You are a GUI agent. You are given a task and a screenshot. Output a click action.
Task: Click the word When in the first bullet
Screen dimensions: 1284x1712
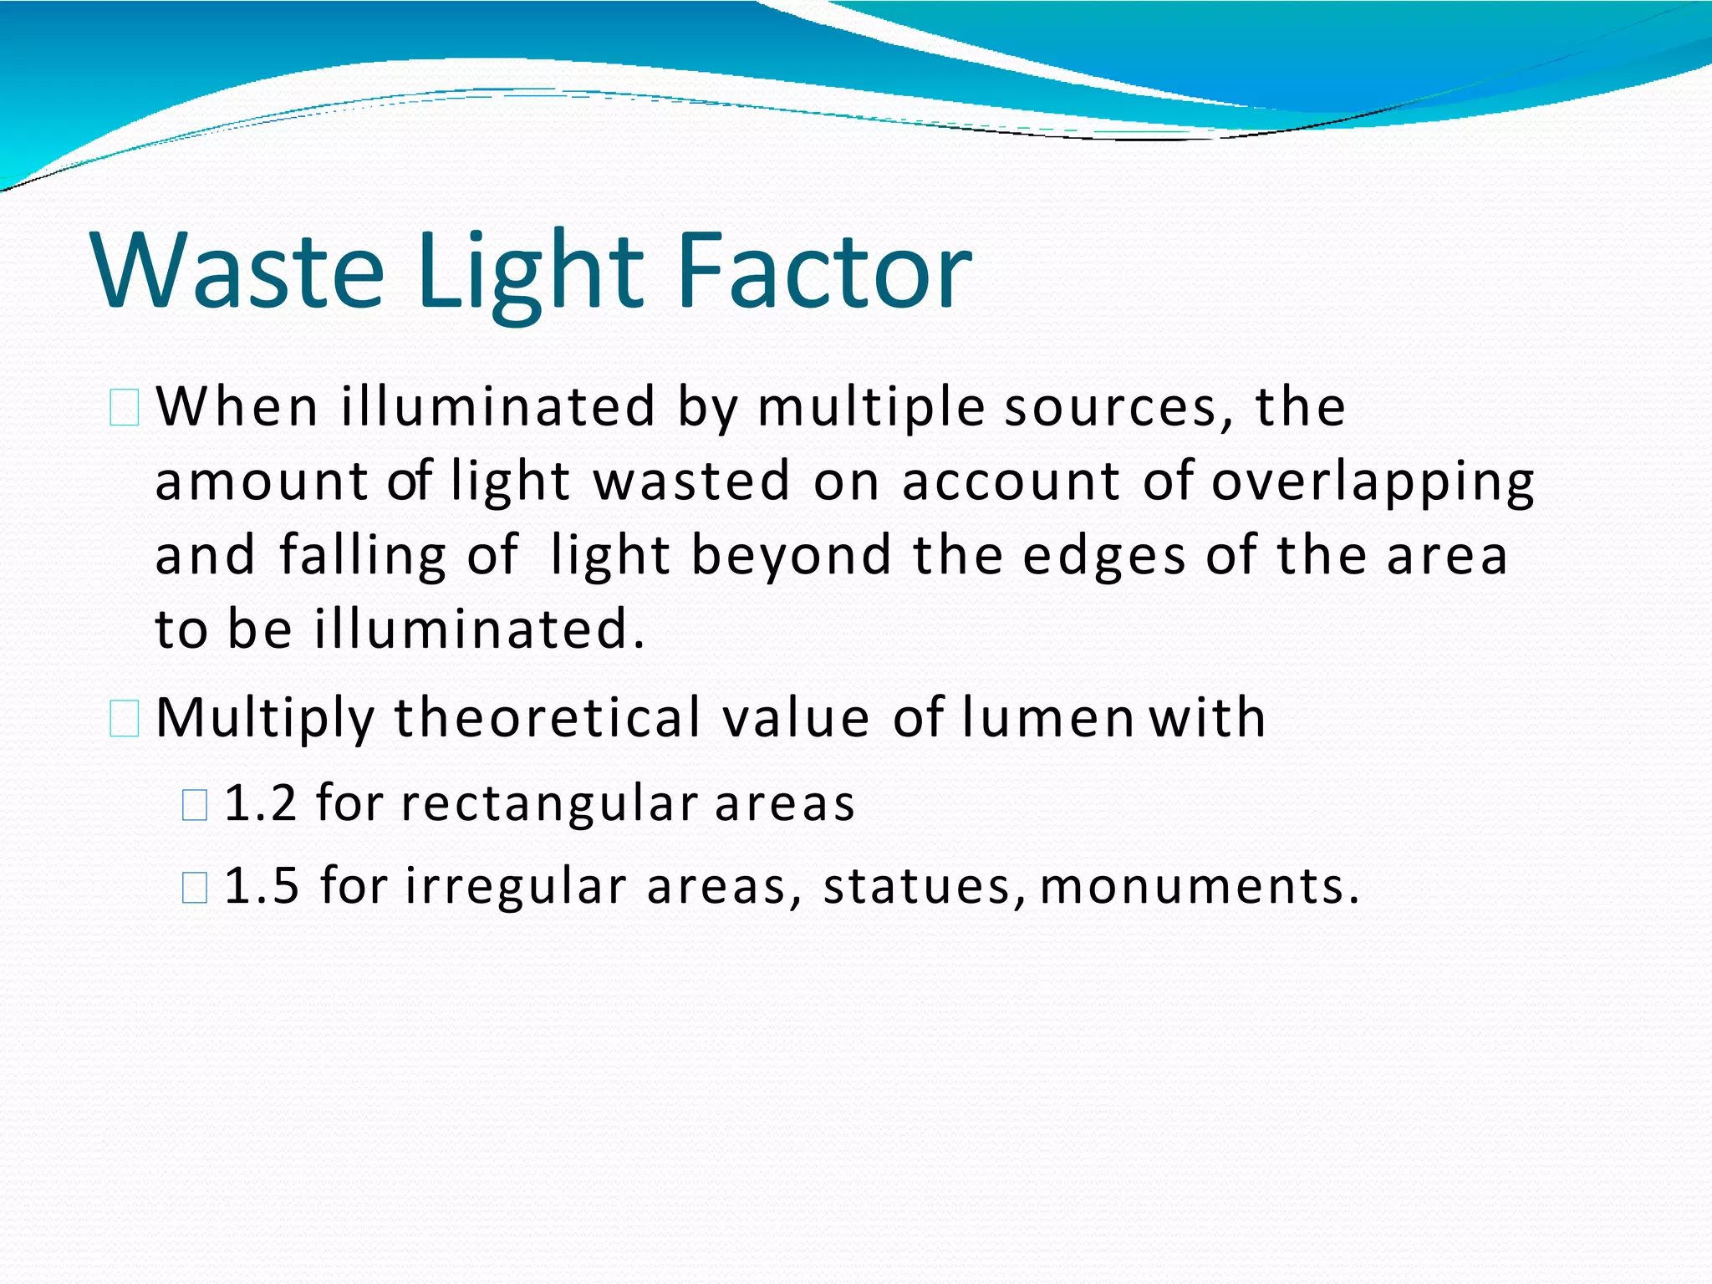point(237,407)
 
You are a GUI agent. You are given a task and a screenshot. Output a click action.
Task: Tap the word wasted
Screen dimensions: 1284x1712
point(691,481)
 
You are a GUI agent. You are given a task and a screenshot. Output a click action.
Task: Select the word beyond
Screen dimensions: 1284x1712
point(792,556)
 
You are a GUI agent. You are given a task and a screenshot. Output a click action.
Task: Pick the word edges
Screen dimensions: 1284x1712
point(1103,556)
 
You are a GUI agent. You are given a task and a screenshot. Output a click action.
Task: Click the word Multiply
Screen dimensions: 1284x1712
point(265,718)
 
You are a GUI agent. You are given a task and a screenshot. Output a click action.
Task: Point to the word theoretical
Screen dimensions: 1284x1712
point(548,718)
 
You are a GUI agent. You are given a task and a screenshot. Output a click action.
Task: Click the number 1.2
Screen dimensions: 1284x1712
point(261,803)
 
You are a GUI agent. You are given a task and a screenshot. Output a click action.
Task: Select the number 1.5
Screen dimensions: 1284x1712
point(262,886)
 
